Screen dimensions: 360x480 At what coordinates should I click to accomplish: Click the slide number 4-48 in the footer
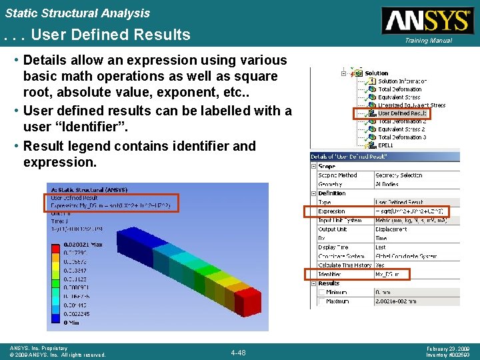pos(238,352)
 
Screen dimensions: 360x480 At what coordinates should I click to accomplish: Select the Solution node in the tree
pos(376,73)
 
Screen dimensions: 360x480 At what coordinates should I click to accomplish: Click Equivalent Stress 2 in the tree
pos(401,129)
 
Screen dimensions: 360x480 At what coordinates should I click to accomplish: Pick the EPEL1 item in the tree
pos(385,145)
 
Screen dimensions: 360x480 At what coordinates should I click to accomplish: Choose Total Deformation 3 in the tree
pos(402,137)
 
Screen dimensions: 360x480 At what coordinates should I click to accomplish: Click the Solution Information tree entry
pos(403,81)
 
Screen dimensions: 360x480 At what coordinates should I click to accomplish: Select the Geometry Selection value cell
pos(399,175)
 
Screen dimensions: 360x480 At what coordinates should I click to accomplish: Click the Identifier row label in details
pos(330,274)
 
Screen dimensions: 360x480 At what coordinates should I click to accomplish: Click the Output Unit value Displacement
pos(394,229)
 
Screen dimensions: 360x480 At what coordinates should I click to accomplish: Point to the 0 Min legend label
pos(72,322)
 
